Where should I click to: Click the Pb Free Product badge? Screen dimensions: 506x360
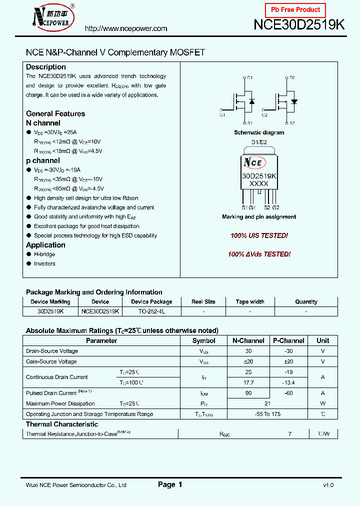tap(295, 10)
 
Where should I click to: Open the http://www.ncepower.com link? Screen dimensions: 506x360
tap(126, 28)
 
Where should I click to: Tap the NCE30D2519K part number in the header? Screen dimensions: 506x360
tap(299, 25)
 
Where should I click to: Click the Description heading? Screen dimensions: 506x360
tap(46, 67)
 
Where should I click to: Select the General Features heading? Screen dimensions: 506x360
tap(55, 113)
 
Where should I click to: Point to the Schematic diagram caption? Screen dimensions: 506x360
tap(259, 132)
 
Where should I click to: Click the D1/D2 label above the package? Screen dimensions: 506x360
tap(259, 142)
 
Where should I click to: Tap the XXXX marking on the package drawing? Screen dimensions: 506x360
tap(259, 183)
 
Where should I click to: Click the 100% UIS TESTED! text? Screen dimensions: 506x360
tap(259, 235)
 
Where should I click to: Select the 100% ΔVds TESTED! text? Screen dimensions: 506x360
tap(259, 254)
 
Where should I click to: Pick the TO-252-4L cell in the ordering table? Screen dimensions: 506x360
tap(151, 311)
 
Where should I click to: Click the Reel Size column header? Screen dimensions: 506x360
tap(203, 301)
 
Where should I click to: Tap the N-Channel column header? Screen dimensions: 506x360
tap(248, 340)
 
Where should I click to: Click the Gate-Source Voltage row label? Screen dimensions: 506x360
tap(51, 361)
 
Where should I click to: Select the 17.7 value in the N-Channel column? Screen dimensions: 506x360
tap(248, 382)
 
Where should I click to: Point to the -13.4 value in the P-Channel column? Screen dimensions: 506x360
tap(288, 382)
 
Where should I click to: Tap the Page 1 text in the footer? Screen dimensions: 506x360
tap(170, 484)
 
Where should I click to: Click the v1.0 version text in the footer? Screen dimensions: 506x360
tap(328, 485)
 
